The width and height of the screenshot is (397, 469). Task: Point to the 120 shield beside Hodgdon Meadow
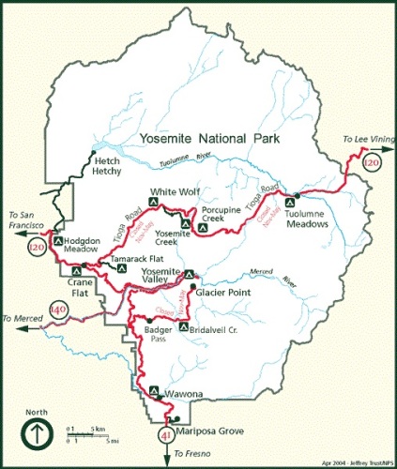point(37,247)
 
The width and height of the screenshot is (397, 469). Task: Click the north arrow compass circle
point(37,434)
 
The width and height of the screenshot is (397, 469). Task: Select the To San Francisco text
point(25,219)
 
